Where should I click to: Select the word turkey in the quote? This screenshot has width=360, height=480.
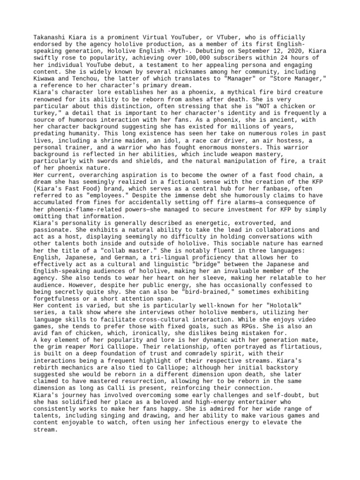pyautogui.click(x=47, y=113)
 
